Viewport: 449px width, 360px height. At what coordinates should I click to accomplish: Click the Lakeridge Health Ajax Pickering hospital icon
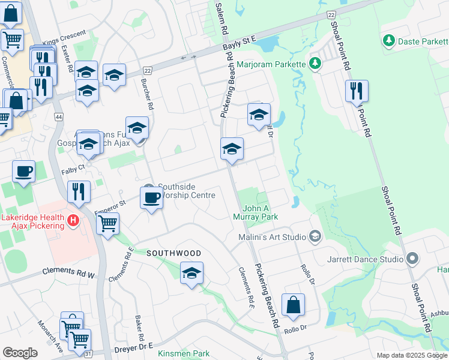73,220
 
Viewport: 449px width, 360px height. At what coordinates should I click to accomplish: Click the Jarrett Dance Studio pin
412,259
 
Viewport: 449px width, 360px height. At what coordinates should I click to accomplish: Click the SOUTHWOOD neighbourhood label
174,254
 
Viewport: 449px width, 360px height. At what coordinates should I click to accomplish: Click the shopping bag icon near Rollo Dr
293,305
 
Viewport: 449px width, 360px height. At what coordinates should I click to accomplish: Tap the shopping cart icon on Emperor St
107,224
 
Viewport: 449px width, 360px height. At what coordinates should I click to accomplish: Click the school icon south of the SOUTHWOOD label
192,274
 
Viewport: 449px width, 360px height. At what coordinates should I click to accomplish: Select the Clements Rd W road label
69,272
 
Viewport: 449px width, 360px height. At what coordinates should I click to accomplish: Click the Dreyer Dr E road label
133,346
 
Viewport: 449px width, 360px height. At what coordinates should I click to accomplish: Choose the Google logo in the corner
20,353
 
